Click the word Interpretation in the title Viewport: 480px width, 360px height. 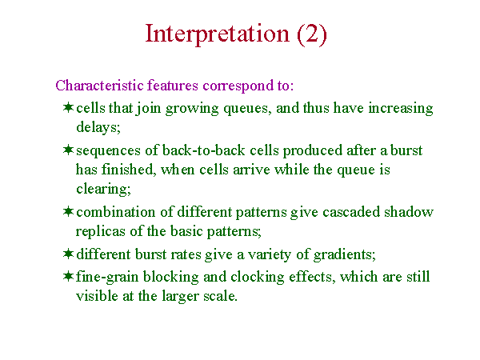217,34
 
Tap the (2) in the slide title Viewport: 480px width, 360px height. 312,34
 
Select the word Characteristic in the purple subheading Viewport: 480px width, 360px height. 99,85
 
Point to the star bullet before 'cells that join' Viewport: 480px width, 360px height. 68,107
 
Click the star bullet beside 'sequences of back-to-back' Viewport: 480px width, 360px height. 68,150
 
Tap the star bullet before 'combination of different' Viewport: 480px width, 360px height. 68,211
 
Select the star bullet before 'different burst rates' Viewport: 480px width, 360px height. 68,254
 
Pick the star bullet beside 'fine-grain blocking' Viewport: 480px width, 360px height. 68,276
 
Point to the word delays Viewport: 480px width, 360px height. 98,127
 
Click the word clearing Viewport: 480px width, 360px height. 103,189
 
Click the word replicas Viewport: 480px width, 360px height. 101,231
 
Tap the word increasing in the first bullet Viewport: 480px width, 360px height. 401,109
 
